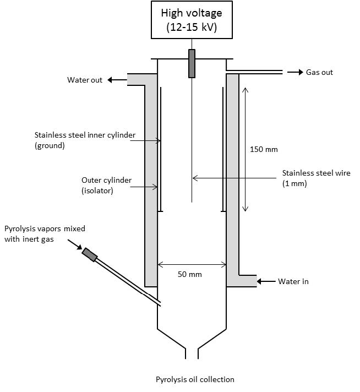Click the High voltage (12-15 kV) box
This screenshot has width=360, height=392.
pyautogui.click(x=192, y=20)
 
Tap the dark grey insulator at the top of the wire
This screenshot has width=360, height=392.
pyautogui.click(x=192, y=63)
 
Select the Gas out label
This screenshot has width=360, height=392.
pyautogui.click(x=319, y=72)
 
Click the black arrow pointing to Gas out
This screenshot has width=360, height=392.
pyautogui.click(x=295, y=72)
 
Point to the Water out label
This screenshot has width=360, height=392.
pyautogui.click(x=85, y=80)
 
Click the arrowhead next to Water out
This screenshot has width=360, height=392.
pyautogui.click(x=110, y=80)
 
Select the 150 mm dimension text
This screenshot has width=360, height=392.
pyautogui.click(x=264, y=150)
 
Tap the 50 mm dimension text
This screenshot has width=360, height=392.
pyautogui.click(x=190, y=274)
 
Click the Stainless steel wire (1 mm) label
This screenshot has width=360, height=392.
pyautogui.click(x=317, y=178)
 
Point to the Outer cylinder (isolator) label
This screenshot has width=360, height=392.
pyautogui.click(x=106, y=185)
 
